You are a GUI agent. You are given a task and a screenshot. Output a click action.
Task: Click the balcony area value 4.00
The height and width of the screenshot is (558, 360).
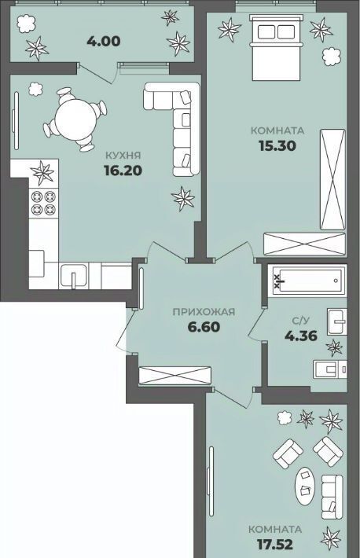point(104,42)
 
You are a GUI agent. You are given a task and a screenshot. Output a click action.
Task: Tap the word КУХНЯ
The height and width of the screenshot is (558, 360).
point(123,155)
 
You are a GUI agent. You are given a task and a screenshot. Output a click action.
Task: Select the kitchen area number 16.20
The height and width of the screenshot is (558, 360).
point(123,171)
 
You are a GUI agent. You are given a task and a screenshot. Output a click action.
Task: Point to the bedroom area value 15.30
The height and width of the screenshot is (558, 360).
point(277,145)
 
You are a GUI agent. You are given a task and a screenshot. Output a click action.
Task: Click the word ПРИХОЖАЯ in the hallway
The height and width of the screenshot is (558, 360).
point(204,312)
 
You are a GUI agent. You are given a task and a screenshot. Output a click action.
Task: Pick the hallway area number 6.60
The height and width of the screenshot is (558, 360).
point(204,327)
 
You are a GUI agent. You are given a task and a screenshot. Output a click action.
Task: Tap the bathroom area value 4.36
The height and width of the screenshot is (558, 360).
point(300,336)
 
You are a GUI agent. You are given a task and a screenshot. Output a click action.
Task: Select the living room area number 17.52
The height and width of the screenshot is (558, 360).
point(275,544)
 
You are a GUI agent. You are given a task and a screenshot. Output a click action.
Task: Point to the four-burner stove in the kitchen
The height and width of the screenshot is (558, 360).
point(43,203)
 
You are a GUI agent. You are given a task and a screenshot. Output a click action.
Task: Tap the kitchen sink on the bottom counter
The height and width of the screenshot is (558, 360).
point(74,276)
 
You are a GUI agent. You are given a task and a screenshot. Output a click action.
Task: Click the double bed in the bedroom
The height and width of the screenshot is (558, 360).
point(277,47)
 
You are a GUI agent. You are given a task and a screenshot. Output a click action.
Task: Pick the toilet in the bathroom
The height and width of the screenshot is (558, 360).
point(329,369)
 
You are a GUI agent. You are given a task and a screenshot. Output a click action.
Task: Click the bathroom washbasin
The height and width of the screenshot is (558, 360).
point(337,321)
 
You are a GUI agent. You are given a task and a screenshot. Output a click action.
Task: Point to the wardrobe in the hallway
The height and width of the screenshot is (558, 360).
point(174,376)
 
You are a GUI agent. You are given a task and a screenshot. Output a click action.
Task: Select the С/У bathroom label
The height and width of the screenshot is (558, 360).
point(300,321)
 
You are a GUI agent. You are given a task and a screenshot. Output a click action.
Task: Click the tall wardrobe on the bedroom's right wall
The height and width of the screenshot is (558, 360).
point(333,179)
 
